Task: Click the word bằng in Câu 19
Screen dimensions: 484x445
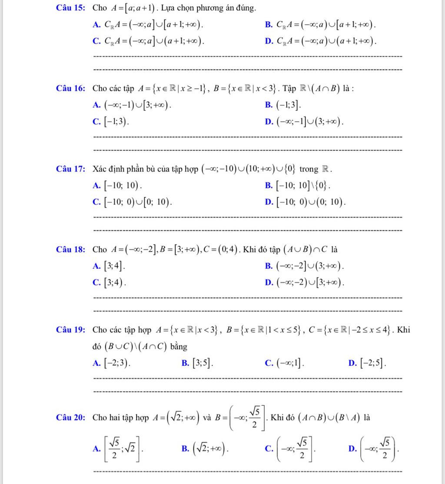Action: tap(179, 346)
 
